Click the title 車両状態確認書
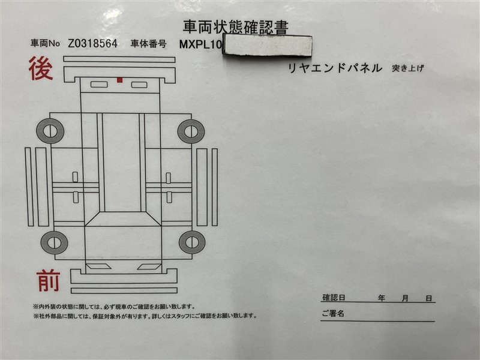click(235, 28)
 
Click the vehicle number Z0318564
click(92, 43)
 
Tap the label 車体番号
click(148, 44)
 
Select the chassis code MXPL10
click(200, 44)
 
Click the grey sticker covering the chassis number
click(268, 46)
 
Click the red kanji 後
click(41, 68)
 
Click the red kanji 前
click(49, 280)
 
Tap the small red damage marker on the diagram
click(119, 80)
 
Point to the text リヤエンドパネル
click(335, 68)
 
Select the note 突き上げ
click(408, 68)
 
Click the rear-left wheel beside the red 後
click(50, 131)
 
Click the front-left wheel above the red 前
click(54, 242)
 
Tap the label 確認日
click(334, 298)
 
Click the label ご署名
click(333, 313)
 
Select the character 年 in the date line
click(382, 298)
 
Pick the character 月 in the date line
click(405, 298)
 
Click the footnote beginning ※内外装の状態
click(113, 307)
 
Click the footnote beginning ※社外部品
click(145, 316)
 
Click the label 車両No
click(45, 43)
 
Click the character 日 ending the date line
click(429, 298)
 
